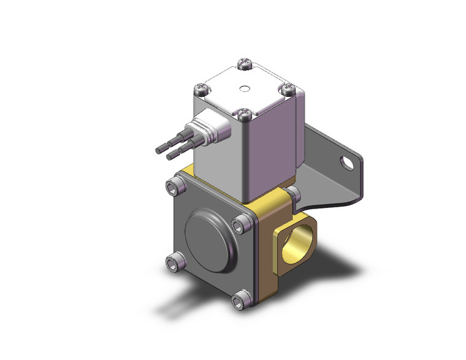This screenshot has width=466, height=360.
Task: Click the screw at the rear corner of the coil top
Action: [244, 63]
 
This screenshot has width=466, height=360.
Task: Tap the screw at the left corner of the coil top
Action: [201, 90]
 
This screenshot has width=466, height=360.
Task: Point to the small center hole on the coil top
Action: [245, 88]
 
